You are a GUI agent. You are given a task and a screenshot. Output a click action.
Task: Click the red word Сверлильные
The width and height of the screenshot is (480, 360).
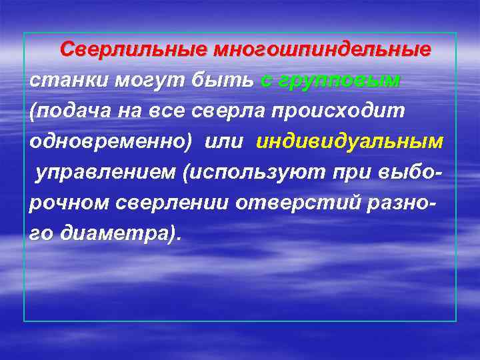(x=134, y=50)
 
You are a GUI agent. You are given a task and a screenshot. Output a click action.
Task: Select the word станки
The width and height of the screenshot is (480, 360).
(x=68, y=81)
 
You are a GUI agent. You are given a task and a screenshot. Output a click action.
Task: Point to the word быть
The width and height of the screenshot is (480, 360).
(x=223, y=81)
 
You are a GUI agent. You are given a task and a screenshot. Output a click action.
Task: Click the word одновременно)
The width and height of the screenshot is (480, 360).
(x=110, y=143)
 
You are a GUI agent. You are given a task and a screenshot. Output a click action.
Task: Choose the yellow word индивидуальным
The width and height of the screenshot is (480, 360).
(x=349, y=143)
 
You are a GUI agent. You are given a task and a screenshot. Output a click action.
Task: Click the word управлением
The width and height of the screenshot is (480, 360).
(x=107, y=173)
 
